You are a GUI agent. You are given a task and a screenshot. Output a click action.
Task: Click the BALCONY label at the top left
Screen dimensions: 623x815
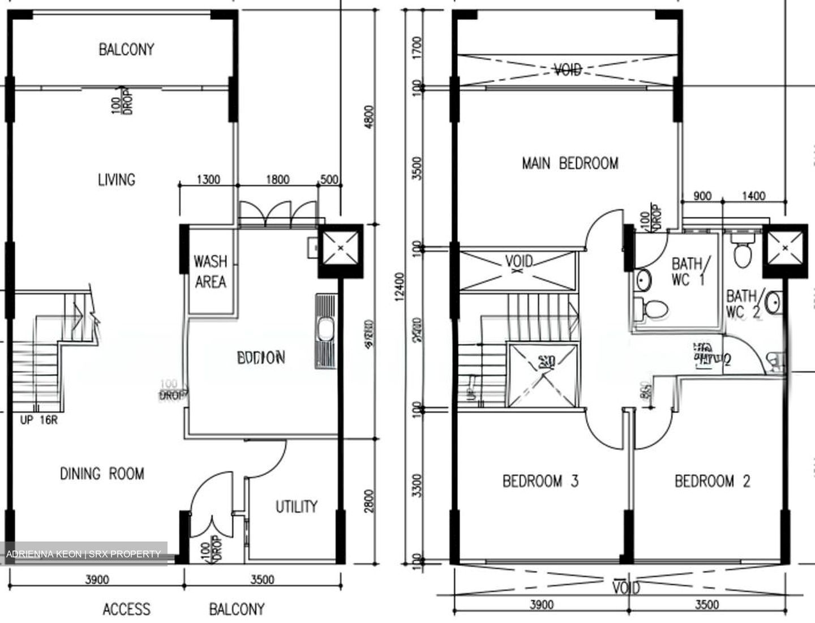[x=126, y=49]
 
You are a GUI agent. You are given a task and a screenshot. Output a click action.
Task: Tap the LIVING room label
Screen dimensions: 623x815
[x=117, y=180]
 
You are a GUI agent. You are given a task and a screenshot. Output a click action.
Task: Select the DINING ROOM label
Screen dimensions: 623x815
[x=102, y=473]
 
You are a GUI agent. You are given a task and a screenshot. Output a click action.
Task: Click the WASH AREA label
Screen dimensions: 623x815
[x=210, y=272]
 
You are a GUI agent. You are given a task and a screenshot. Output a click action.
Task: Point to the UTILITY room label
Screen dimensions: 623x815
[x=296, y=506]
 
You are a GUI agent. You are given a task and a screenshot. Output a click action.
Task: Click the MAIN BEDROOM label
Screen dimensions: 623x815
[x=569, y=164]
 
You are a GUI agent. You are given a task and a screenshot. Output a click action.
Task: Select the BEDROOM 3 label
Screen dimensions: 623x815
[x=540, y=482]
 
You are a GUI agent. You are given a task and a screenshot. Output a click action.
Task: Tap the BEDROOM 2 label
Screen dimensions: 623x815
[x=712, y=482]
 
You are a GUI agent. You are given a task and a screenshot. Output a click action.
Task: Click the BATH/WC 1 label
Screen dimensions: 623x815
[x=688, y=271]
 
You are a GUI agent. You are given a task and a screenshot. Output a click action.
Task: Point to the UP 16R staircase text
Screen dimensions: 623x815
[x=38, y=420]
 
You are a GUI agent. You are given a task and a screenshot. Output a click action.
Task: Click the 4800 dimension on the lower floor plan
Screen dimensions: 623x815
[x=369, y=117]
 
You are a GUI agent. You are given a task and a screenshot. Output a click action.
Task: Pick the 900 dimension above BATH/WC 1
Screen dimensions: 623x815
[x=702, y=196]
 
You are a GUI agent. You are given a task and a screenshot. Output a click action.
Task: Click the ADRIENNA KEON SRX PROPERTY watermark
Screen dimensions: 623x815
[x=84, y=553]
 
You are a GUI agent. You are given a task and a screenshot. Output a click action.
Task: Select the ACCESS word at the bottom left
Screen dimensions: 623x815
[x=126, y=609]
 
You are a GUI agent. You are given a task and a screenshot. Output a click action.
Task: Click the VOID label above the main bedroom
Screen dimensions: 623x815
[x=567, y=70]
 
